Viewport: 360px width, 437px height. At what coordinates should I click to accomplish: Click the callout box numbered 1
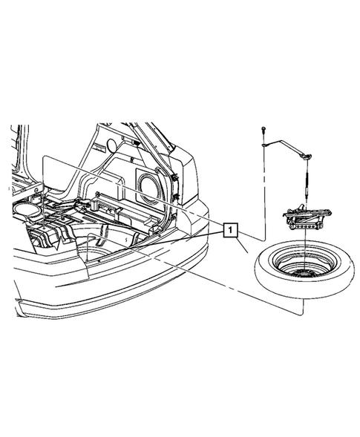pyautogui.click(x=232, y=231)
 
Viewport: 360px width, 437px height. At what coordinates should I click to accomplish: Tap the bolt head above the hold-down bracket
pyautogui.click(x=264, y=131)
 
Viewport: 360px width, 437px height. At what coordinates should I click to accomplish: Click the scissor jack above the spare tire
pyautogui.click(x=306, y=218)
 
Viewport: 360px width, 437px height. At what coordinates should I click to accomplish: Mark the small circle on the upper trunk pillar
pyautogui.click(x=111, y=143)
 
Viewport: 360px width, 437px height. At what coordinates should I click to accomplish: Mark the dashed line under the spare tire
pyautogui.click(x=245, y=293)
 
